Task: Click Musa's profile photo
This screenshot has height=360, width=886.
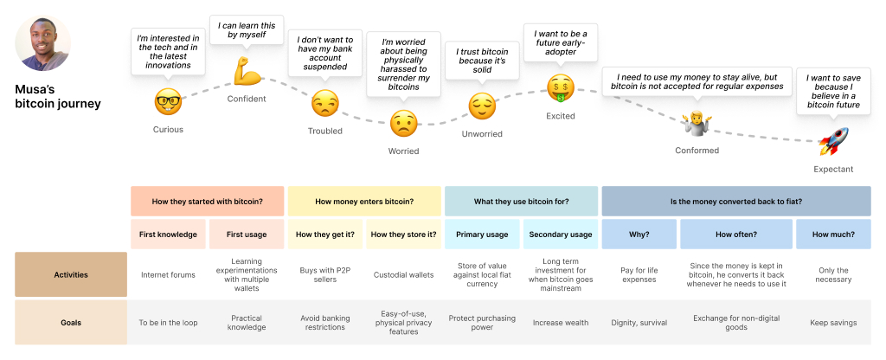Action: point(43,43)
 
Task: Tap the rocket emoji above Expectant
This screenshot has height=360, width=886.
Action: point(832,140)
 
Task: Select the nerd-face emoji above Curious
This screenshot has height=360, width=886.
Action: point(168,102)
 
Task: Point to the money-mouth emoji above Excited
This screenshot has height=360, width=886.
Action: point(560,87)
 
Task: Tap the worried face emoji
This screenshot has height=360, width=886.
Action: point(403,124)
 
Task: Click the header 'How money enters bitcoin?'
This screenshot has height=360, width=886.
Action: point(364,202)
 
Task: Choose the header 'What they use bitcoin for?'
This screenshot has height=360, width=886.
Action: point(521,202)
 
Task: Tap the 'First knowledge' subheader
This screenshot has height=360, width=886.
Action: point(168,235)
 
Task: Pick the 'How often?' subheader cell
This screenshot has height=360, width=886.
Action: point(735,235)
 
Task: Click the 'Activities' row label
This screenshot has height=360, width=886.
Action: point(71,274)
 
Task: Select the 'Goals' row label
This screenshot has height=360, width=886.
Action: point(71,323)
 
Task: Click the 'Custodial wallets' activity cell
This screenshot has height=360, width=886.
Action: point(403,275)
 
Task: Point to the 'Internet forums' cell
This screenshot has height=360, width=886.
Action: point(168,275)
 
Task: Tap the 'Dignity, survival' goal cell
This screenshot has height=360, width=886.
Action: point(639,323)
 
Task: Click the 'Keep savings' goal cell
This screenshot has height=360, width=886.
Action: point(832,323)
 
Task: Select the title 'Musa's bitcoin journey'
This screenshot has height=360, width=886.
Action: point(58,96)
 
